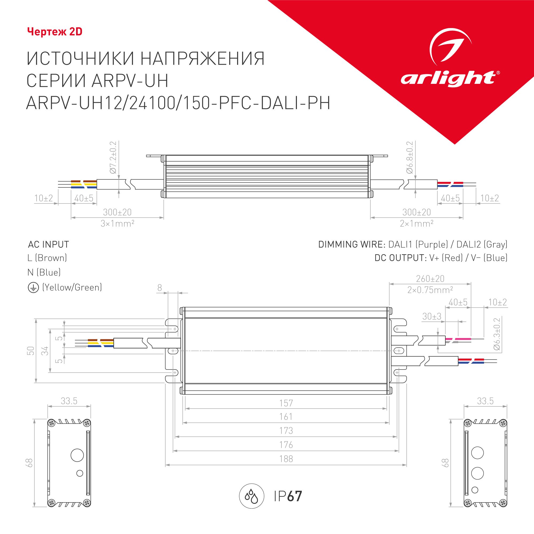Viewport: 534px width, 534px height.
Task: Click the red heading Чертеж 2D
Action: point(55,32)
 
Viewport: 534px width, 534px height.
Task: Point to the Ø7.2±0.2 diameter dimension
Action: point(113,157)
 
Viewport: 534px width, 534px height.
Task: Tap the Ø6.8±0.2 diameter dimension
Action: point(410,157)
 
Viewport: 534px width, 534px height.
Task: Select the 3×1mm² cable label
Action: point(117,223)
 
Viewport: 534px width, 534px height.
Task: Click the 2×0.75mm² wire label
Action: point(430,290)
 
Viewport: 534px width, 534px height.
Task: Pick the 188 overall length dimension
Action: point(286,459)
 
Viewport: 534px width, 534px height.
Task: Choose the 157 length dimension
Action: point(286,403)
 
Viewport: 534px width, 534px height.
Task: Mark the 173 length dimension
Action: point(286,431)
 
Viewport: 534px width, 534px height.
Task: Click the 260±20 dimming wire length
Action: point(430,278)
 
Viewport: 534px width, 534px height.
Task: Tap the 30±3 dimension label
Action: point(432,316)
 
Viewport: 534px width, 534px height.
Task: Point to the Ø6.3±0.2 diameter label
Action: point(497,334)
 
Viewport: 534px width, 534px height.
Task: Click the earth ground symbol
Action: point(33,288)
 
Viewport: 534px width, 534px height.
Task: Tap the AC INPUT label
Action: point(48,244)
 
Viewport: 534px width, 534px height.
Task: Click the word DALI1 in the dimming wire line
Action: point(400,244)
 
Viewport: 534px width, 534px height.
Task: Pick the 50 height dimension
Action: point(30,351)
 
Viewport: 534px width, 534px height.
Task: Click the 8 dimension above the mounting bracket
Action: point(159,288)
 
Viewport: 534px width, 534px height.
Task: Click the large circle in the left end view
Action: point(77,455)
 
